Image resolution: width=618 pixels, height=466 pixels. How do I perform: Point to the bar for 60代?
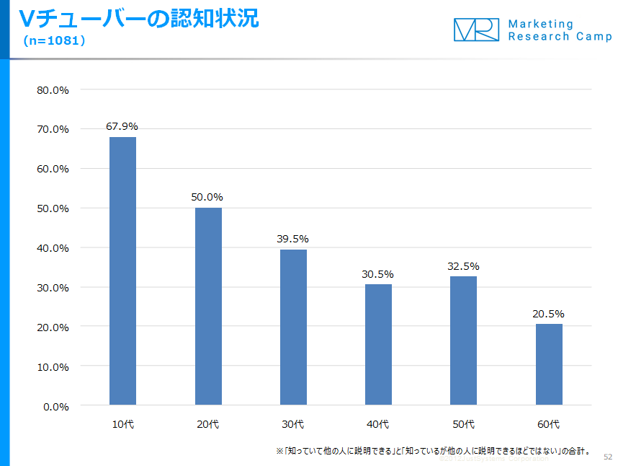coord(549,364)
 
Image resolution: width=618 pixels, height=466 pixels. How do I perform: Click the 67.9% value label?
coord(122,126)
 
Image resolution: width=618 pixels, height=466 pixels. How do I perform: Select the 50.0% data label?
coord(207,197)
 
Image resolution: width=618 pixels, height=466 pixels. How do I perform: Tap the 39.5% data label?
coord(292,239)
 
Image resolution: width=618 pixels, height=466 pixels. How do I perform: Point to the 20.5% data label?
coord(549,314)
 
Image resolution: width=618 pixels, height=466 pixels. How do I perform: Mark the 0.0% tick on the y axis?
coord(56,406)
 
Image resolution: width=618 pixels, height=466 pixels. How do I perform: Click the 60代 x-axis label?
coord(548,424)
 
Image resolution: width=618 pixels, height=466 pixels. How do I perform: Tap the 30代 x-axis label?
coord(292,424)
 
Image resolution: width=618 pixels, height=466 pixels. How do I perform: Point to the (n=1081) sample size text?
coord(55,41)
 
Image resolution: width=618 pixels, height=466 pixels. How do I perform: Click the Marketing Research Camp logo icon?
coord(476,30)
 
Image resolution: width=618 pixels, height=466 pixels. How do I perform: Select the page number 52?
coord(607,457)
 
